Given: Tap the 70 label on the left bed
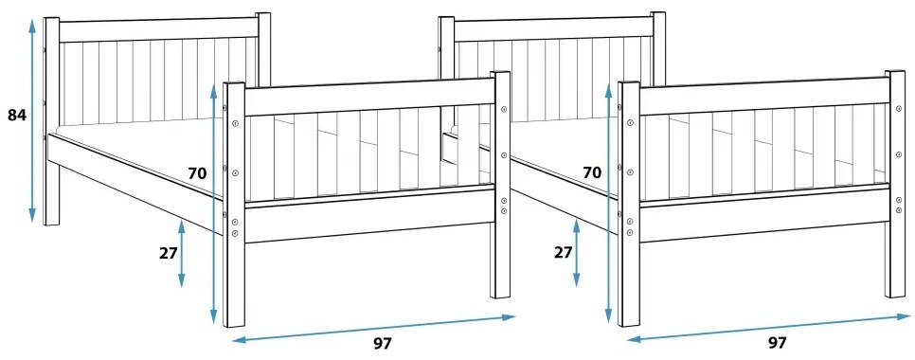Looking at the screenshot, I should coord(197,173).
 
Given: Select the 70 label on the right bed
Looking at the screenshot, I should coord(592,172).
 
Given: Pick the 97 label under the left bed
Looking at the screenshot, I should coord(382,343).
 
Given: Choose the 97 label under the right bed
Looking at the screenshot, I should coord(777,342).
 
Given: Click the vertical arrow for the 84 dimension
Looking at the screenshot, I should coord(33,119).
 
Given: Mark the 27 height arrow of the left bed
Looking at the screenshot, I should coord(181,253).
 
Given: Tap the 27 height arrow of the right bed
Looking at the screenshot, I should coord(576,253).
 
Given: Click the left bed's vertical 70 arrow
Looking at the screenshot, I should coord(214,204).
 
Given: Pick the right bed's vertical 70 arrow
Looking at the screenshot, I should coord(609,204).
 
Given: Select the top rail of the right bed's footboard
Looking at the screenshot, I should coord(763,96).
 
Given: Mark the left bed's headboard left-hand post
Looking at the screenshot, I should coord(51,123).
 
